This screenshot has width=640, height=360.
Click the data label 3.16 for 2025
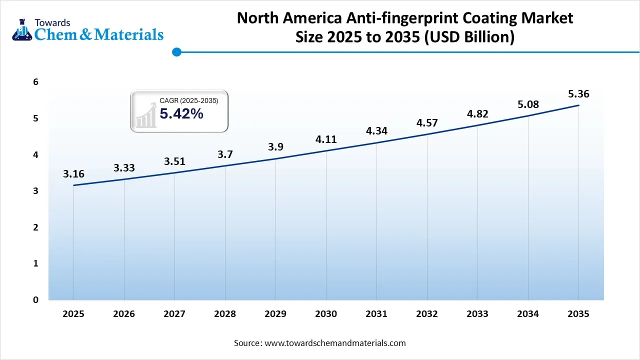coord(73,174)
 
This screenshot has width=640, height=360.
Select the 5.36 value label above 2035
coord(578,94)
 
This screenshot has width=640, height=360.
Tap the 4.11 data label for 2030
coord(326,139)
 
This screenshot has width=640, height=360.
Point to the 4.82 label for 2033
coord(477,114)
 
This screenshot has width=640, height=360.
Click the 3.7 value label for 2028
coord(225,154)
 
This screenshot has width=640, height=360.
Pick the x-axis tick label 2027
coord(174,314)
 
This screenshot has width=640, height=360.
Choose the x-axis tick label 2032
coord(427,314)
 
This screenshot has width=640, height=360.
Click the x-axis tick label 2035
coord(578,314)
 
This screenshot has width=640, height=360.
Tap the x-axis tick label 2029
coord(275,314)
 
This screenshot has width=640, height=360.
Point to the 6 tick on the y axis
coord(35,82)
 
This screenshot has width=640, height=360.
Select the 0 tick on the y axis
coord(35,300)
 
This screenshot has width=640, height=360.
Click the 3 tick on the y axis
coord(35,191)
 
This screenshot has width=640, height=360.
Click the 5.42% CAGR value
coord(181,114)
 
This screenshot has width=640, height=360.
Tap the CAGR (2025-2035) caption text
coord(188,101)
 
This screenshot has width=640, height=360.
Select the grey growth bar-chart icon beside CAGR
coord(145,116)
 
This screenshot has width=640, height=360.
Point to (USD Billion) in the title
coord(469,37)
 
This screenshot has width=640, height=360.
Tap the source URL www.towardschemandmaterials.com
coord(334,343)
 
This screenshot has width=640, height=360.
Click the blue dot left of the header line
coord(176,51)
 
